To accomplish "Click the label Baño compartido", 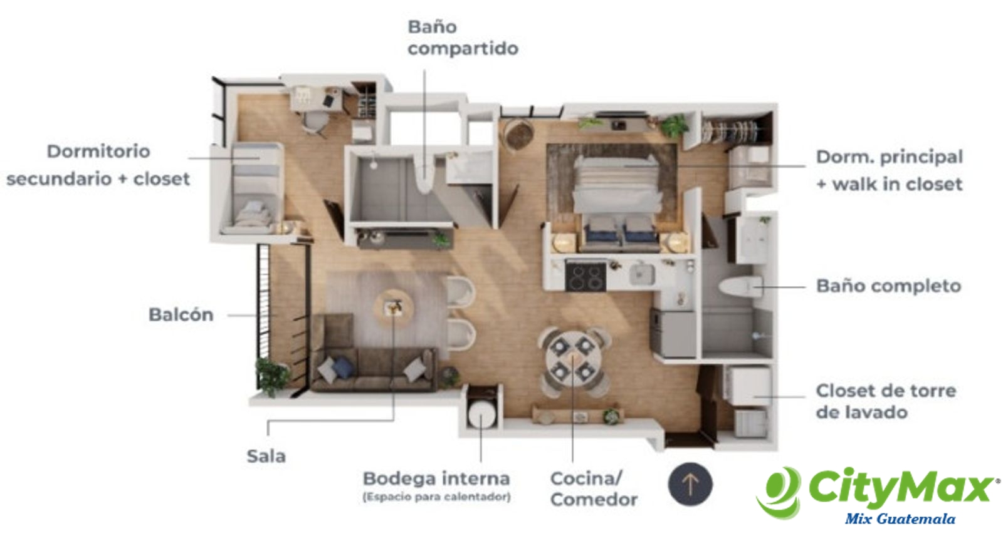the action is [x=463, y=38].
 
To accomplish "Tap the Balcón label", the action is [x=181, y=315].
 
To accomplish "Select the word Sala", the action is [x=266, y=456].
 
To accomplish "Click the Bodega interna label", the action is [x=436, y=479].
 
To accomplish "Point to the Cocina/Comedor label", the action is [x=594, y=489].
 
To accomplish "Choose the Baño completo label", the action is [x=889, y=286].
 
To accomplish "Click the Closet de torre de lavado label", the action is [x=886, y=401].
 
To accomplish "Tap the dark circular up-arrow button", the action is [x=690, y=484].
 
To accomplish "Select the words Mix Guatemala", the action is [x=900, y=519].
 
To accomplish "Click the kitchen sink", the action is [x=642, y=274].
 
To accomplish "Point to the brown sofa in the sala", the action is [x=374, y=354].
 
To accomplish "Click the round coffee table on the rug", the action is [x=394, y=308].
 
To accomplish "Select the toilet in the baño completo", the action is [x=740, y=287].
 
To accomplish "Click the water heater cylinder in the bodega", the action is [x=481, y=413].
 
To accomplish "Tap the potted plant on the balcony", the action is [x=272, y=376].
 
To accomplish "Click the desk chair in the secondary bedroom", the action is [x=315, y=121].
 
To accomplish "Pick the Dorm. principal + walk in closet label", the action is [x=890, y=170].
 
